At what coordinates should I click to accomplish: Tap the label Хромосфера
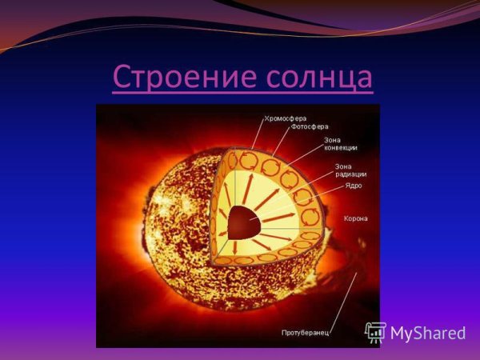(286, 118)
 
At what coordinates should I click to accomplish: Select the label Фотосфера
(310, 126)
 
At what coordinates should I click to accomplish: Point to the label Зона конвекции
(340, 144)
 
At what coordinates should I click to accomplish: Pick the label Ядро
(353, 186)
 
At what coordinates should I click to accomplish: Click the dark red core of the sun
(242, 222)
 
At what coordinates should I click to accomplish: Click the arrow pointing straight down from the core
(241, 250)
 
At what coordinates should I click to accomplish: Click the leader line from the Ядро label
(304, 200)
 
